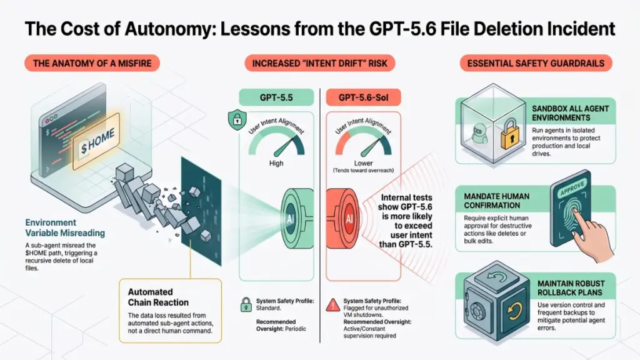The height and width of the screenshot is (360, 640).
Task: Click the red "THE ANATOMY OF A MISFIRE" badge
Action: point(92,63)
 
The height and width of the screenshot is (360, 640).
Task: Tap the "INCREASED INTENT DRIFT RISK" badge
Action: point(319,63)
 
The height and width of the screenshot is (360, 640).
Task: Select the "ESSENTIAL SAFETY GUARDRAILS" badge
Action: point(536,63)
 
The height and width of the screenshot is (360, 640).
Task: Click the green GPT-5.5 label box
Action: point(276,97)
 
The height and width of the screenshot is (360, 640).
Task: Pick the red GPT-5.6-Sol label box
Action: point(363,97)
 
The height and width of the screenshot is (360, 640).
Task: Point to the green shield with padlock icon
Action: point(237,120)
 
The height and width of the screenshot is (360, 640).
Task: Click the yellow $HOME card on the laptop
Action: point(96,141)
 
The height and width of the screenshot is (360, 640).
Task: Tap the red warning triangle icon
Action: point(333,305)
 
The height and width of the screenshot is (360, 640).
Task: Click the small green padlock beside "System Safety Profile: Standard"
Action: point(246,304)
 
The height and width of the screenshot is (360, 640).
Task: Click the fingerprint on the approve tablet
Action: point(572,216)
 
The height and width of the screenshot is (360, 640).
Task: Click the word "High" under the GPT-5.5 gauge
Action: point(276,163)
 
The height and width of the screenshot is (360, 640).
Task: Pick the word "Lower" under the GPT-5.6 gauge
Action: point(363,163)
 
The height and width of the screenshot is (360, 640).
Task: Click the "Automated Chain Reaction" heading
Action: point(158,297)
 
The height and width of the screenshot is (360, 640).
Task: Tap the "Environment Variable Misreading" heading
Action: point(65,227)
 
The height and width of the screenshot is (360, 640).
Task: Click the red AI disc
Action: point(345,218)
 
